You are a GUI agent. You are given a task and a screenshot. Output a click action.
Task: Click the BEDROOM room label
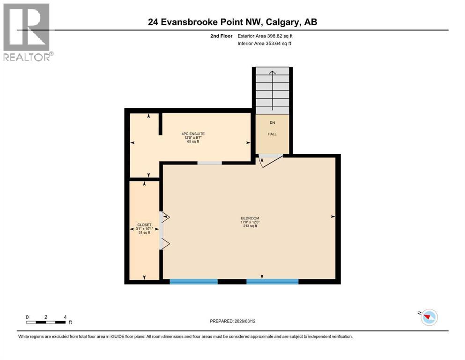point(250,218)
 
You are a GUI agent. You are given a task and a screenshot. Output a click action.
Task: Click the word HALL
point(272,134)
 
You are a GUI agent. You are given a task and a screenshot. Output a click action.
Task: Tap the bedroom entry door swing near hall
point(270,161)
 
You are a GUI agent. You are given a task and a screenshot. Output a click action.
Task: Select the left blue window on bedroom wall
point(193,282)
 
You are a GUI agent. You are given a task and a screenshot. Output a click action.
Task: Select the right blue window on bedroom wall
point(273,282)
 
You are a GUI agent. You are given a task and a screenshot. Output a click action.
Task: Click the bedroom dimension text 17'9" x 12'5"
point(250,222)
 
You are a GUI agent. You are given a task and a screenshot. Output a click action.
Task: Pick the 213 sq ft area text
point(250,226)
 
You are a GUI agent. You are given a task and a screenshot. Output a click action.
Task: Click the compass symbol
point(428,317)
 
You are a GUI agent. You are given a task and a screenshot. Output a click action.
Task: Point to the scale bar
point(45,322)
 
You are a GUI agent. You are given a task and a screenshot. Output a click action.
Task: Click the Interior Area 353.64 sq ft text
point(265,44)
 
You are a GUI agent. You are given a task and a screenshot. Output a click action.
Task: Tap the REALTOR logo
point(27,32)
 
